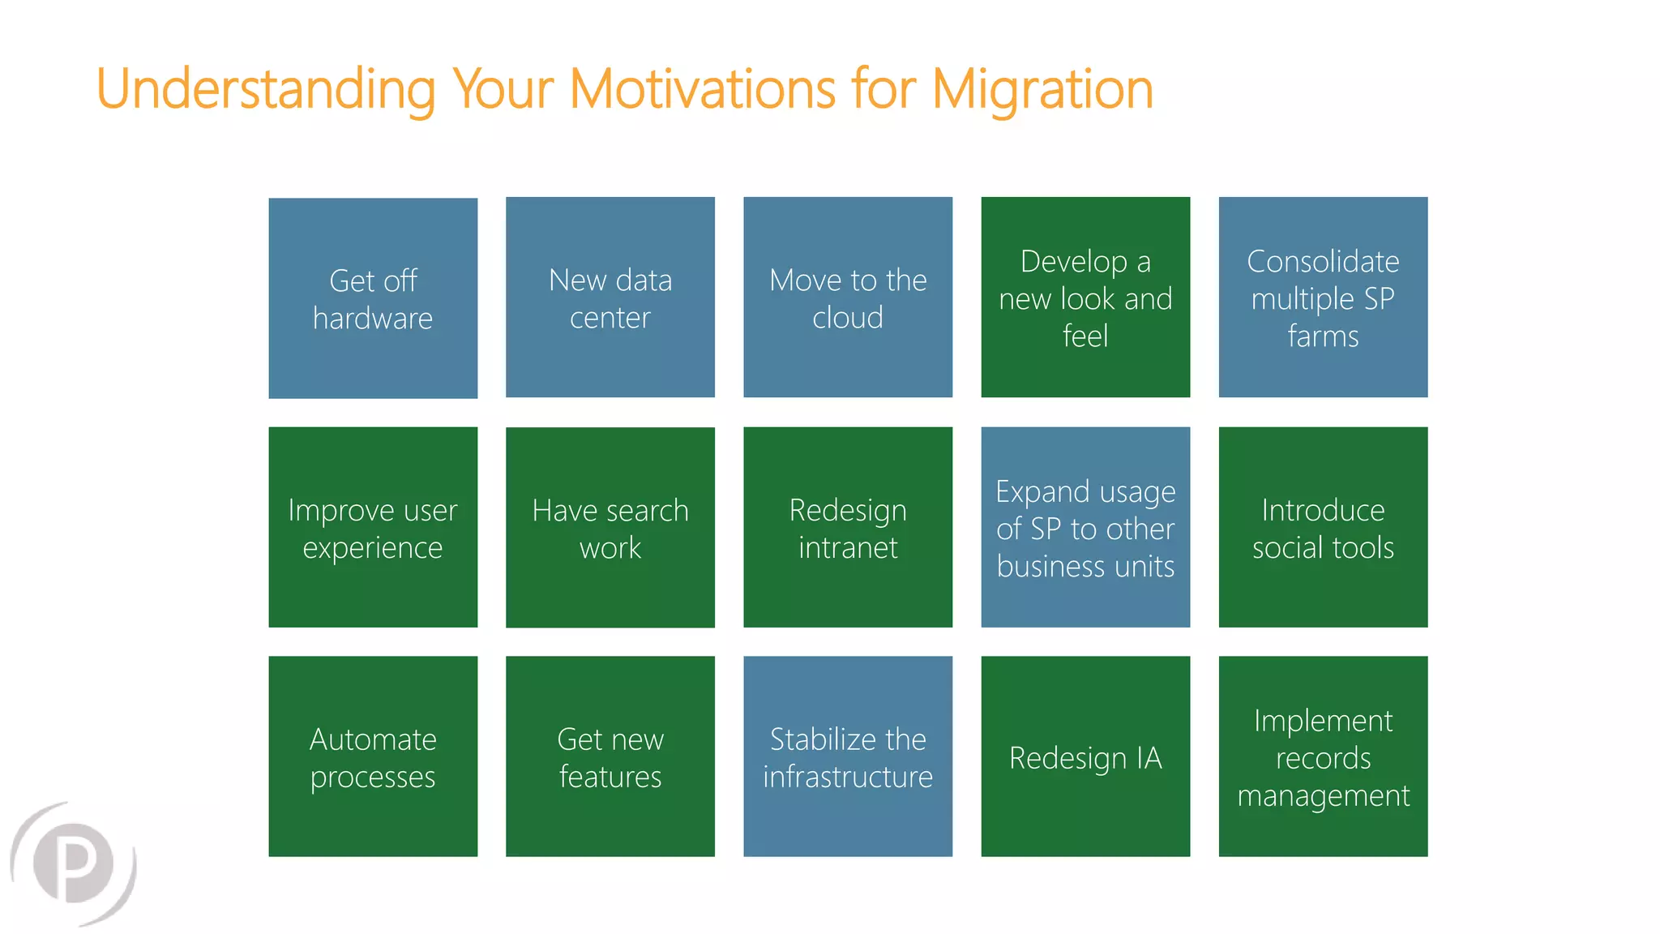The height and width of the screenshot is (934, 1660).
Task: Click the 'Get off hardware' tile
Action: coord(373,298)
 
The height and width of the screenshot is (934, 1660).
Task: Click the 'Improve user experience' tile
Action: coord(373,527)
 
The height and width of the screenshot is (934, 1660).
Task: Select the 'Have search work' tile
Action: coord(610,527)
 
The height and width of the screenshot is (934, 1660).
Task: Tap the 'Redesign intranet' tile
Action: coord(848,527)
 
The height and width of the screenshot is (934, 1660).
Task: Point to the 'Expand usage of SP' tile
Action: coord(1085,527)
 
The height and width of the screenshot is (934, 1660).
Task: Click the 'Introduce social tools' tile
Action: coord(1323,527)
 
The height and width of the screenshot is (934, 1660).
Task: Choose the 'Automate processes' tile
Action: coord(373,756)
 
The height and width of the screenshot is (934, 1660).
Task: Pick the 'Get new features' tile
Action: coord(610,756)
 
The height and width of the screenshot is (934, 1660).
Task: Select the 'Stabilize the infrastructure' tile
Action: coord(848,756)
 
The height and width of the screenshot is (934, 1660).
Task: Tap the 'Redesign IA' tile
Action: coord(1085,756)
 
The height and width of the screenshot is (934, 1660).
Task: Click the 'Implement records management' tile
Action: coord(1323,756)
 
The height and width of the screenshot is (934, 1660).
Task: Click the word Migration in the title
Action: coord(1042,89)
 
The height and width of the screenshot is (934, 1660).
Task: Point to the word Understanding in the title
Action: coord(266,89)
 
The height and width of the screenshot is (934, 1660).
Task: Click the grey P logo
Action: coord(75,863)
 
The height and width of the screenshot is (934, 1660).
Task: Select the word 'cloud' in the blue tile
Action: coord(848,318)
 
